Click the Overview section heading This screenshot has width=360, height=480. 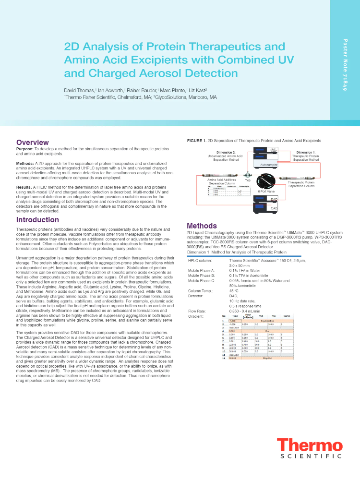click(x=32, y=142)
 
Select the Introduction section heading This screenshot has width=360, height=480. click(x=37, y=220)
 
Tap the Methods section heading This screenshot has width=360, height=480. click(x=202, y=226)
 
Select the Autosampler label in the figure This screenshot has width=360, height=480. click(x=268, y=165)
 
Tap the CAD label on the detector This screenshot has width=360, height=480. click(x=274, y=209)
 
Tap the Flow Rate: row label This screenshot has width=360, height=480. click(x=198, y=311)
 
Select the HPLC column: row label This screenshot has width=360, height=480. click(x=200, y=260)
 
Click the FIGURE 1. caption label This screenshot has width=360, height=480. click(x=196, y=141)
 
